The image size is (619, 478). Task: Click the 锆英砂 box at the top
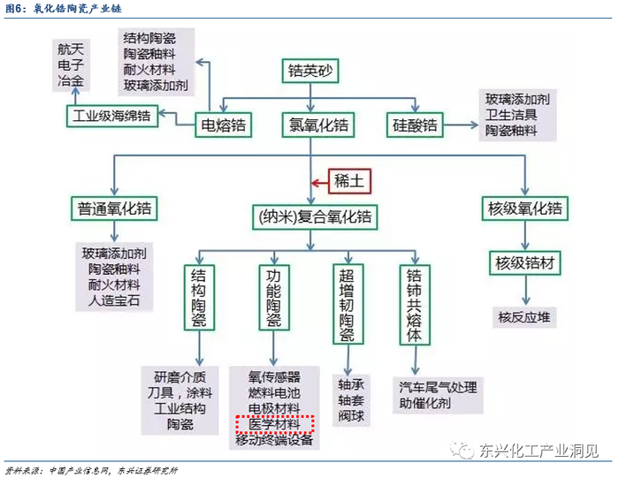[310, 70]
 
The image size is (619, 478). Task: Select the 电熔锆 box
[223, 124]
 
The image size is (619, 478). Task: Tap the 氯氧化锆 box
[311, 125]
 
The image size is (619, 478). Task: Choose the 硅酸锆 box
[415, 125]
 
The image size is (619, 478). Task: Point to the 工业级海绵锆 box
[111, 116]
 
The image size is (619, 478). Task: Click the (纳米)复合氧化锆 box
[310, 216]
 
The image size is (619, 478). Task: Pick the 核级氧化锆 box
[524, 209]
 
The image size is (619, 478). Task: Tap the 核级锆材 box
[524, 262]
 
